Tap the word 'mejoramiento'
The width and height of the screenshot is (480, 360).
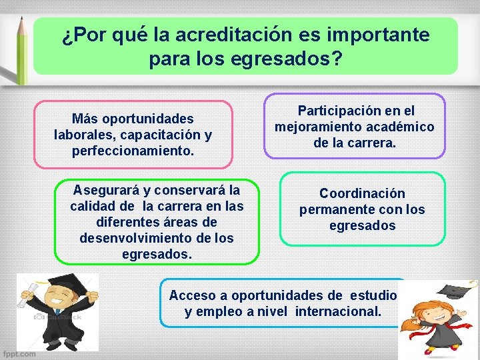point(317,127)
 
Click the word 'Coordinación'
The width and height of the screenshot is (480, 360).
point(362,194)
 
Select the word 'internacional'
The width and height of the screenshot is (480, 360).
point(337,311)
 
